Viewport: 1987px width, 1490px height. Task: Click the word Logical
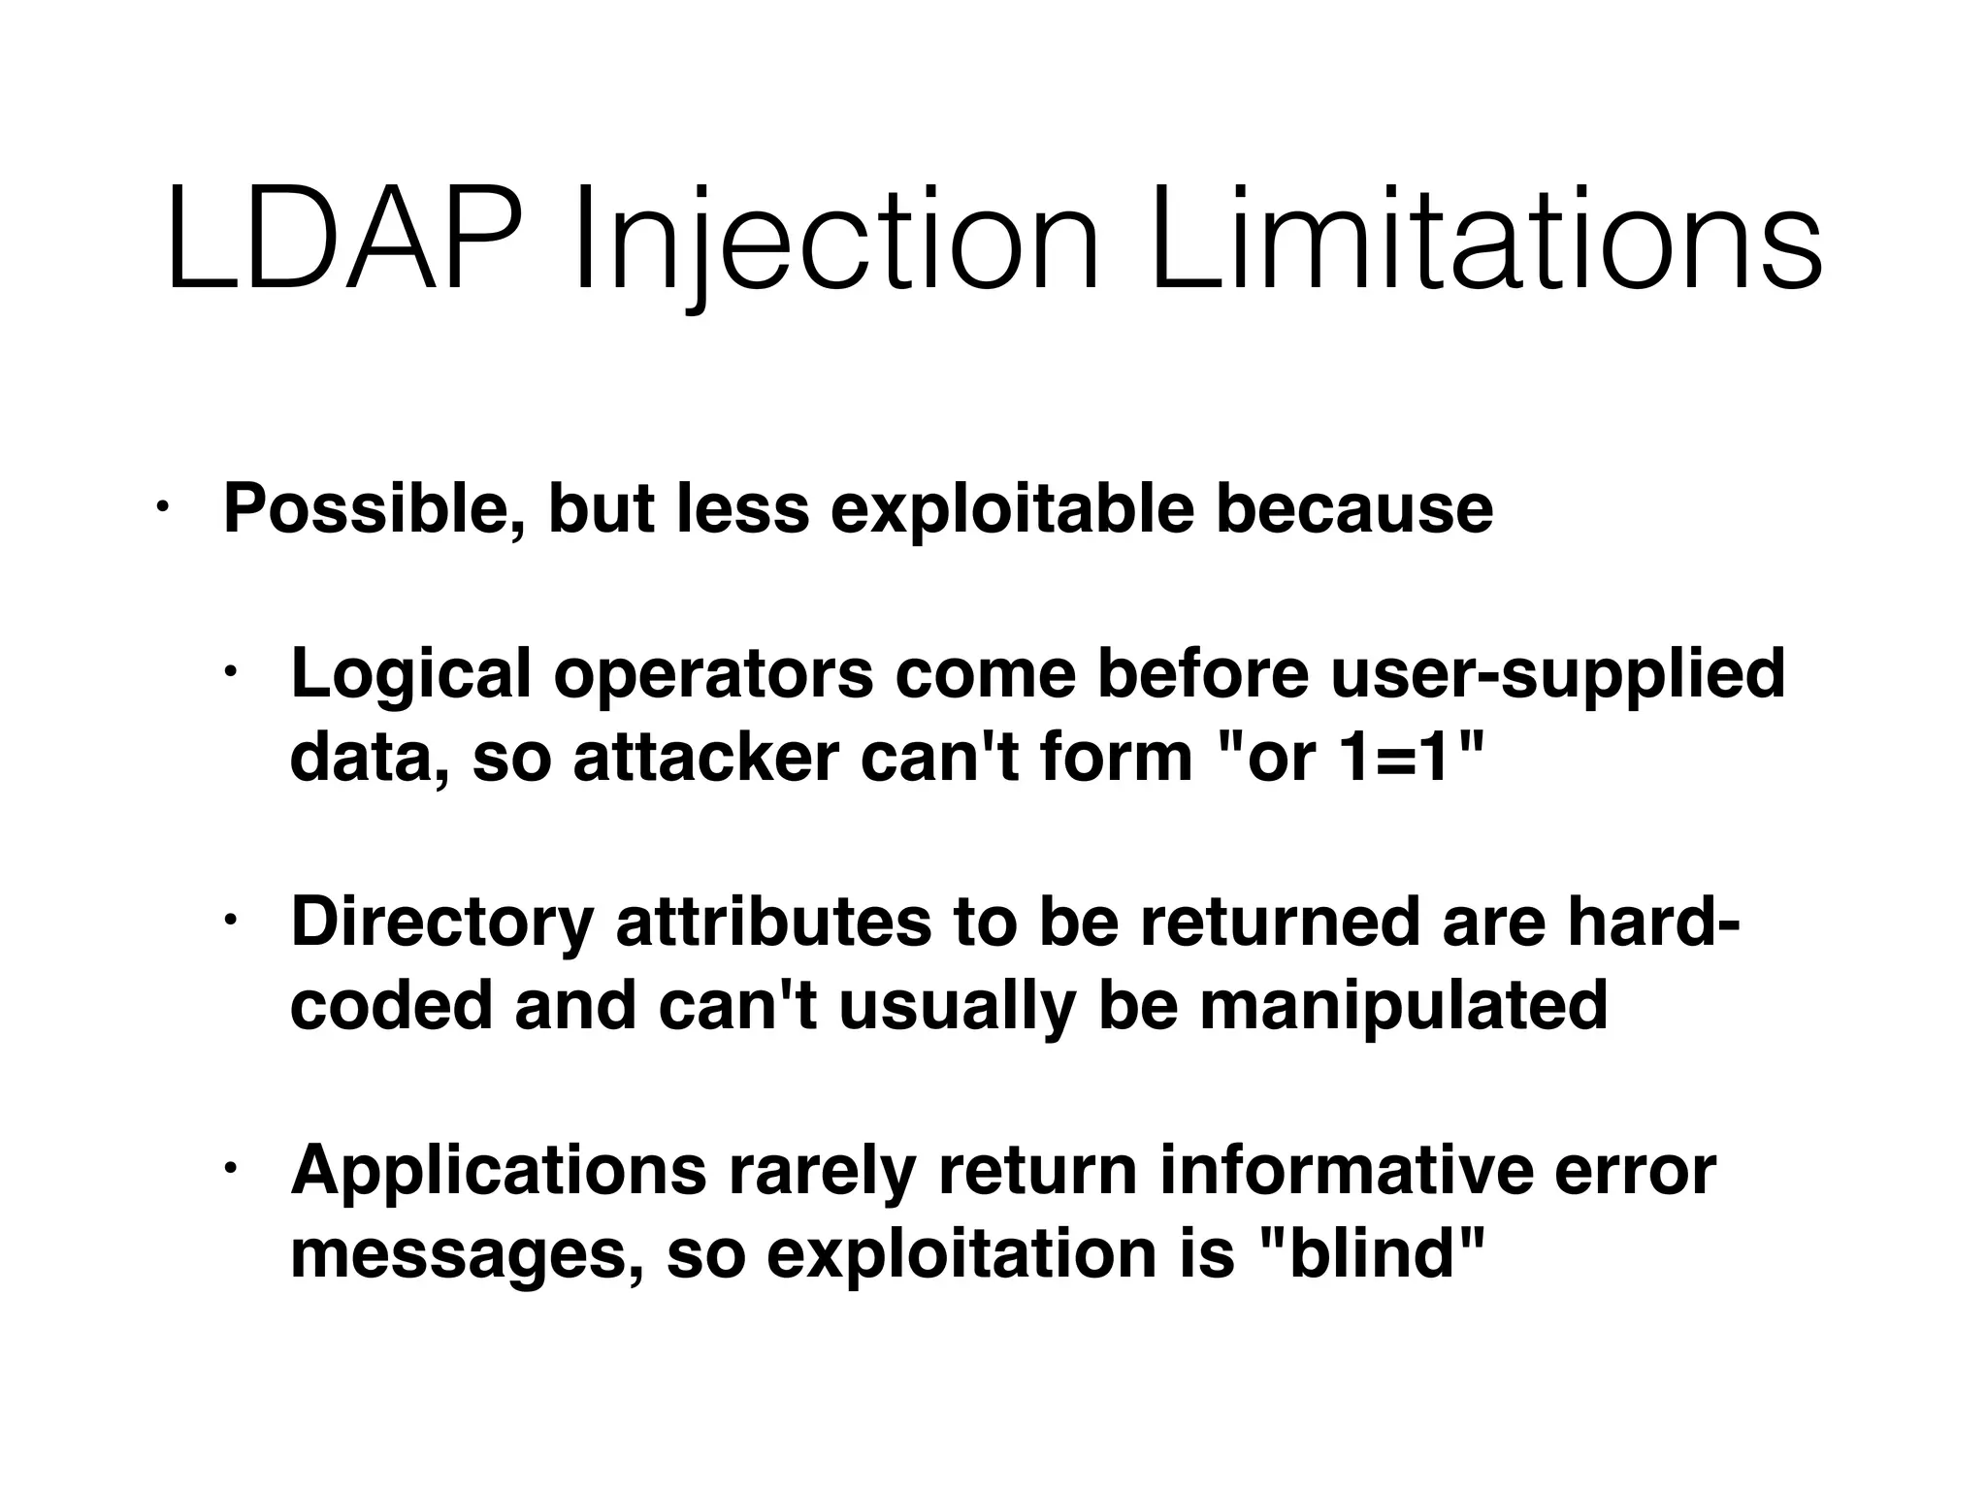[411, 673]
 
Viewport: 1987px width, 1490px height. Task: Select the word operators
[713, 675]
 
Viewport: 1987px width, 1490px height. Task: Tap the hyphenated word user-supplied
[1557, 675]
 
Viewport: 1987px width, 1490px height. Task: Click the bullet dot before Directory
[229, 919]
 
